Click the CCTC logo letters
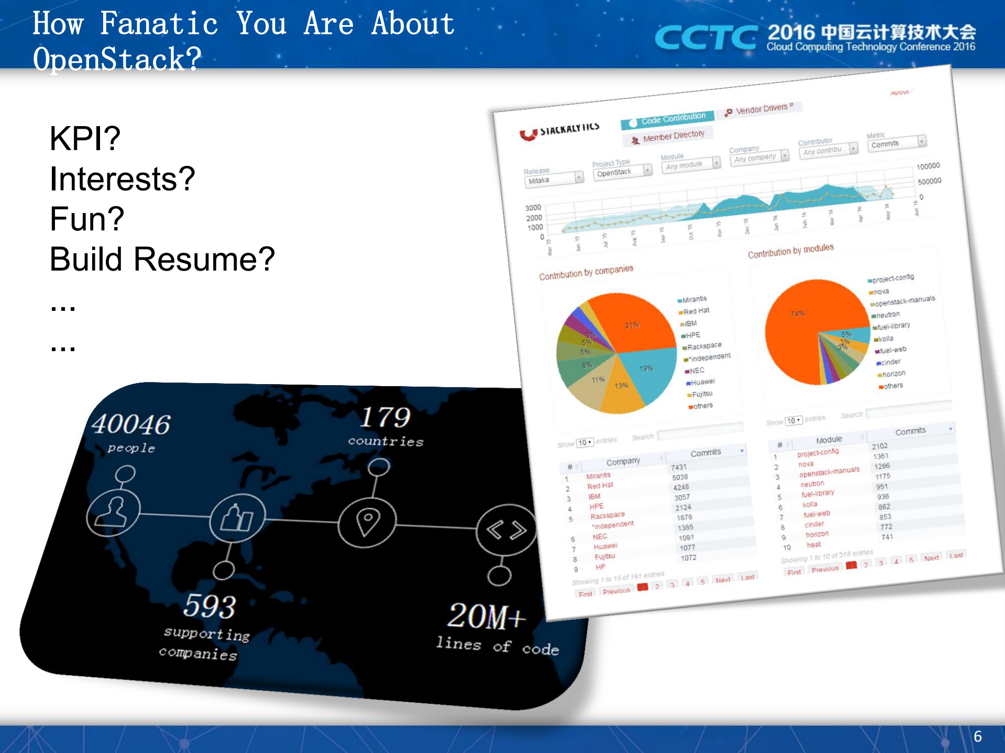(x=705, y=38)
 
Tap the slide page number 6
(x=977, y=736)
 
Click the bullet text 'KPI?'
(x=85, y=139)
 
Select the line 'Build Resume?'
(x=162, y=259)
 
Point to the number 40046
(x=131, y=424)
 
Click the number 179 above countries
(x=385, y=418)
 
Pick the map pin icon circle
(x=367, y=521)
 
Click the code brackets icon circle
(x=505, y=531)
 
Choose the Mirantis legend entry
(x=694, y=299)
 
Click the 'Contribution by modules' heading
(x=790, y=251)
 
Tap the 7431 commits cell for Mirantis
(x=679, y=467)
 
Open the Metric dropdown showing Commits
(x=897, y=143)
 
